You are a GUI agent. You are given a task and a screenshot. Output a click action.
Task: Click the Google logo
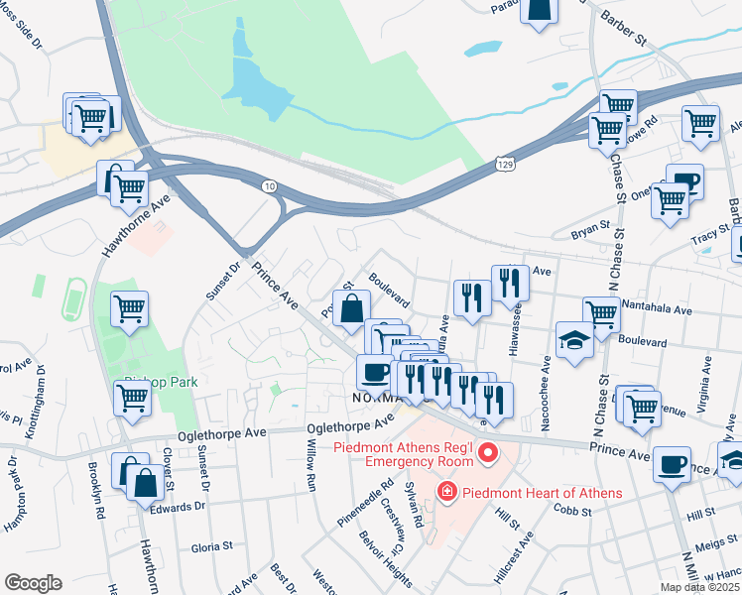click(34, 583)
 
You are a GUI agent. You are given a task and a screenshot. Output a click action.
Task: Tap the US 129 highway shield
click(506, 161)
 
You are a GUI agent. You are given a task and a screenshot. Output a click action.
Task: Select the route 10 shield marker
click(269, 185)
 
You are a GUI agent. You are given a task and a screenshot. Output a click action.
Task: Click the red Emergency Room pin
click(487, 454)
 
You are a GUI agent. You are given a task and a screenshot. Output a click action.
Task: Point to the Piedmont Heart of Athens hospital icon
click(446, 492)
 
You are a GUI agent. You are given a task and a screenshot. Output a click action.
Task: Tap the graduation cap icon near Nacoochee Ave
click(574, 339)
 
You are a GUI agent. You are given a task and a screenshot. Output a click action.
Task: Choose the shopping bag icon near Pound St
click(351, 308)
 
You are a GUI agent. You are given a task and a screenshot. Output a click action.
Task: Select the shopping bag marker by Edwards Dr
click(145, 484)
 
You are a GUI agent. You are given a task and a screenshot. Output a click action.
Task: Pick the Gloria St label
click(211, 545)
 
